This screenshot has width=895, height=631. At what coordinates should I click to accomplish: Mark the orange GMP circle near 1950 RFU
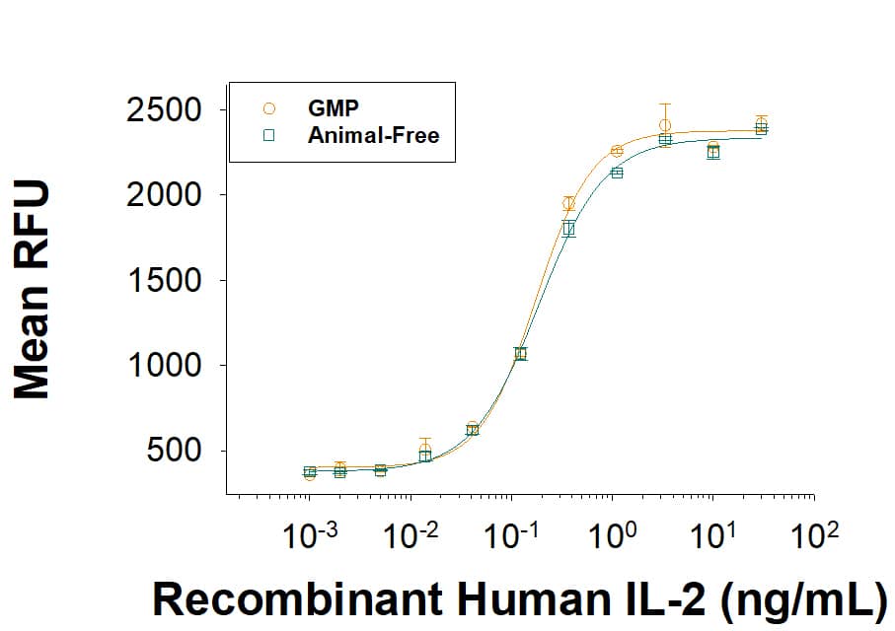pyautogui.click(x=568, y=204)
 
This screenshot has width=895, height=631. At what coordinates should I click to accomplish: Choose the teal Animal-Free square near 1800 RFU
pyautogui.click(x=568, y=229)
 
